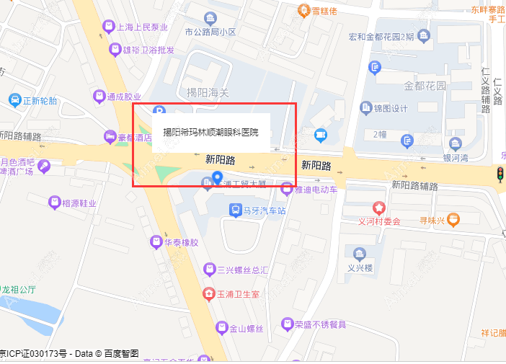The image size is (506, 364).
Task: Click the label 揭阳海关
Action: (x=208, y=92)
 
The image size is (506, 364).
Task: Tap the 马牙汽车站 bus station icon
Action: (x=235, y=210)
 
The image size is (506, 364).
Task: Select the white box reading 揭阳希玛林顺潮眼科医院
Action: (x=210, y=132)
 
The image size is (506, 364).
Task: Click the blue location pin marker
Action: (x=217, y=178)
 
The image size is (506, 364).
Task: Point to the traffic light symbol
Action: (x=500, y=174)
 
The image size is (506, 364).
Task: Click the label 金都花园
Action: (x=425, y=86)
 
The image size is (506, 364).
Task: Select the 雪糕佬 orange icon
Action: (x=305, y=11)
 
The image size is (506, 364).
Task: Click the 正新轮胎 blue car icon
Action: (x=14, y=100)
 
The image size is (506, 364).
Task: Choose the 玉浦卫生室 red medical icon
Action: (x=208, y=294)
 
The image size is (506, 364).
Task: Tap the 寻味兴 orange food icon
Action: (x=453, y=219)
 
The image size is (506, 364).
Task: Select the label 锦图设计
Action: (x=391, y=109)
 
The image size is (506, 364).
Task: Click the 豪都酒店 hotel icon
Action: (x=110, y=136)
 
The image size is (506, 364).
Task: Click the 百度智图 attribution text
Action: (x=121, y=354)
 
